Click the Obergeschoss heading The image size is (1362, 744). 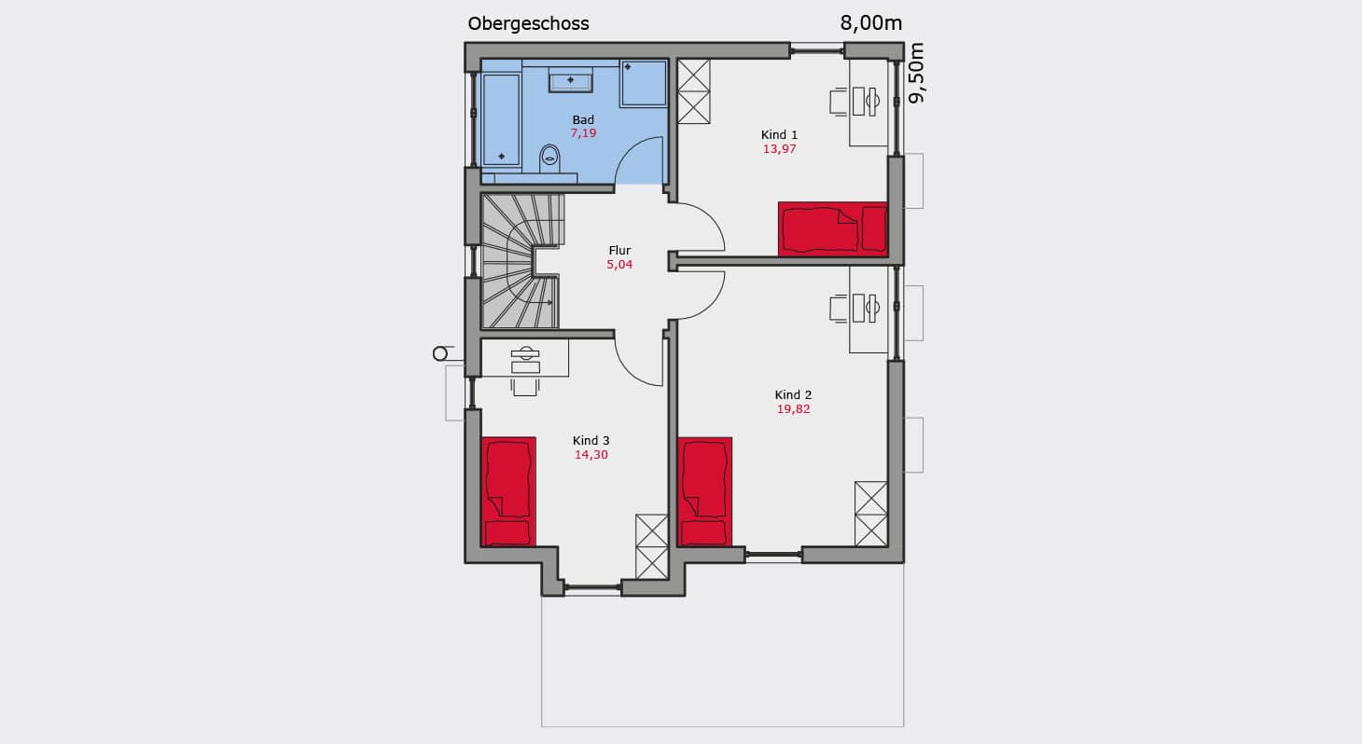point(528,24)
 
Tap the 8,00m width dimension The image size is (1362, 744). point(870,23)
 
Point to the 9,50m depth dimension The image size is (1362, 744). point(916,73)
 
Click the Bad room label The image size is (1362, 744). point(583,119)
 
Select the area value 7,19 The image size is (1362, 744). point(583,133)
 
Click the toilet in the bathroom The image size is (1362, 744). point(549,158)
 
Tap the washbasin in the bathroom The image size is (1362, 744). point(570,80)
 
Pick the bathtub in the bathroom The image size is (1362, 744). point(501,119)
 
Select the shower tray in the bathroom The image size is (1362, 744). point(644,83)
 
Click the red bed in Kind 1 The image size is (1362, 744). point(833,228)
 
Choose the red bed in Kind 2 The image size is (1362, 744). point(705,491)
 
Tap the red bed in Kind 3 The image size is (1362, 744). point(509,491)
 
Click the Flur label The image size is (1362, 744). point(619,251)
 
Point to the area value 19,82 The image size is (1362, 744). point(794,409)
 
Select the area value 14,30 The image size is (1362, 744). point(591,455)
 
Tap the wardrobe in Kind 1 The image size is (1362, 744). point(694,91)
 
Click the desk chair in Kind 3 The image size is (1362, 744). point(525,387)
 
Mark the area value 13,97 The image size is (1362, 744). point(780,149)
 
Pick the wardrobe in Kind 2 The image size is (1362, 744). point(870,514)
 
